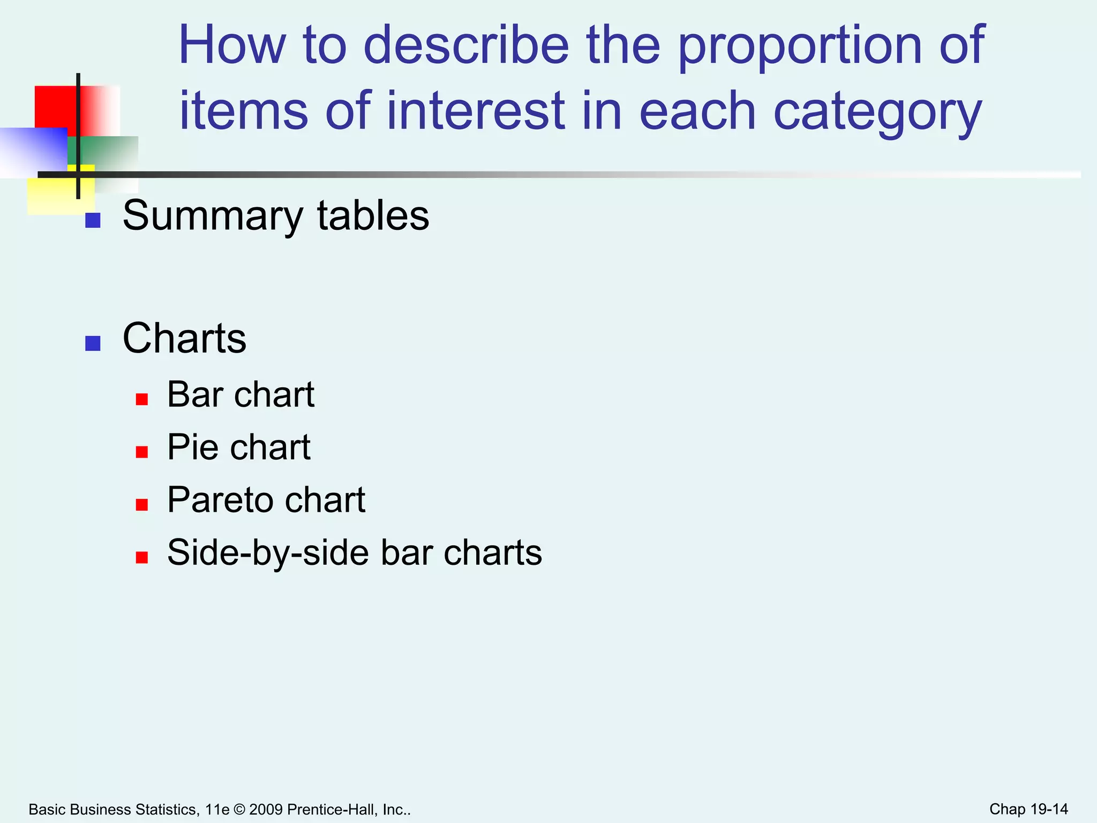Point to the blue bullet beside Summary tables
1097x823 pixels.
[93, 221]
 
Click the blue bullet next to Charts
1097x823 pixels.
[93, 343]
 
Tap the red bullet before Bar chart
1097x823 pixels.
[142, 399]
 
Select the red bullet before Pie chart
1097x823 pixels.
[142, 452]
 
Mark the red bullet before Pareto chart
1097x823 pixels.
[142, 505]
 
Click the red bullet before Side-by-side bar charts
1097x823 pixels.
[142, 558]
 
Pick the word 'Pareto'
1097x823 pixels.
[221, 500]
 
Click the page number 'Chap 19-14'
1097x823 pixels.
[1028, 809]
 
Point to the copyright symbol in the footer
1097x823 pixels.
[239, 810]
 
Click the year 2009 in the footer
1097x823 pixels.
[266, 810]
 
